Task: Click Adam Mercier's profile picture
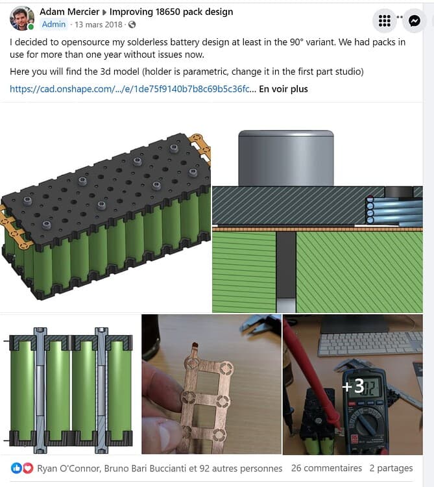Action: pyautogui.click(x=21, y=19)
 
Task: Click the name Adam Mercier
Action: pyautogui.click(x=69, y=12)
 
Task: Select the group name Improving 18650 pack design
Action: pyautogui.click(x=171, y=12)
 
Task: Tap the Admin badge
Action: pyautogui.click(x=54, y=24)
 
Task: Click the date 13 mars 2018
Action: pyautogui.click(x=99, y=25)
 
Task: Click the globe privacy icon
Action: pyautogui.click(x=132, y=25)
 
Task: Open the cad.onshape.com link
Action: pyautogui.click(x=133, y=89)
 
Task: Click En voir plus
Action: pyautogui.click(x=283, y=89)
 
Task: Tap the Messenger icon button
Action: pyautogui.click(x=415, y=21)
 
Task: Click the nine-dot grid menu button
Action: pyautogui.click(x=384, y=21)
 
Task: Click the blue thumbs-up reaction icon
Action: pyautogui.click(x=16, y=468)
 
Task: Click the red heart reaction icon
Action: pyautogui.click(x=28, y=468)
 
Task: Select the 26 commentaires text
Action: pyautogui.click(x=326, y=468)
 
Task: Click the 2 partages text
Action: pyautogui.click(x=391, y=468)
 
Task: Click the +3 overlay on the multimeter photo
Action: pyautogui.click(x=353, y=386)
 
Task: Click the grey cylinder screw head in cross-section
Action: pyautogui.click(x=285, y=158)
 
